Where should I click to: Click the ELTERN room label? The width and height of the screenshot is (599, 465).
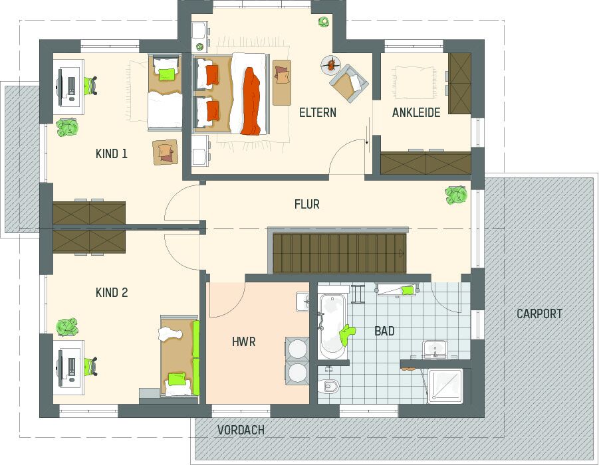coord(318,113)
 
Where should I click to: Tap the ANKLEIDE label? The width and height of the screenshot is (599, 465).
coord(416,113)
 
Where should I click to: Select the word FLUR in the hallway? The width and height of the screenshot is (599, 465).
coord(306,204)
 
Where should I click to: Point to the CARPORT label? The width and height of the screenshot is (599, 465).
coord(539,314)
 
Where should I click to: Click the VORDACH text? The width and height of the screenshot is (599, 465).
coord(241,430)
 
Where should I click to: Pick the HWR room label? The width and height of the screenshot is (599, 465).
coord(244,341)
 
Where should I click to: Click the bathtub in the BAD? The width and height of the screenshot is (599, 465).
coord(332,327)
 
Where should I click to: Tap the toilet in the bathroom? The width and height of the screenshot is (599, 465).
coord(328,385)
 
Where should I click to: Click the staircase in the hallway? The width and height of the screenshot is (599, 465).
coord(339,253)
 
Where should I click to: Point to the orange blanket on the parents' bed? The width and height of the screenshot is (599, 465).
coord(251,101)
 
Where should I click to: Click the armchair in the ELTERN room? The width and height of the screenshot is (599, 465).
coord(349,83)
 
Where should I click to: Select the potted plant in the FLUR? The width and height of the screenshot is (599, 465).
coord(456,195)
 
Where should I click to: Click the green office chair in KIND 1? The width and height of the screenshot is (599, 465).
coord(90,86)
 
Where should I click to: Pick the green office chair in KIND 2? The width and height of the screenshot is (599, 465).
coord(90,367)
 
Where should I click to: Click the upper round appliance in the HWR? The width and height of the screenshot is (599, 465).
coord(297,349)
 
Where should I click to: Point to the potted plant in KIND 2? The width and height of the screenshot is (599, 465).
coord(67,327)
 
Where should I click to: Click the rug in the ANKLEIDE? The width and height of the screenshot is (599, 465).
coord(414,83)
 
